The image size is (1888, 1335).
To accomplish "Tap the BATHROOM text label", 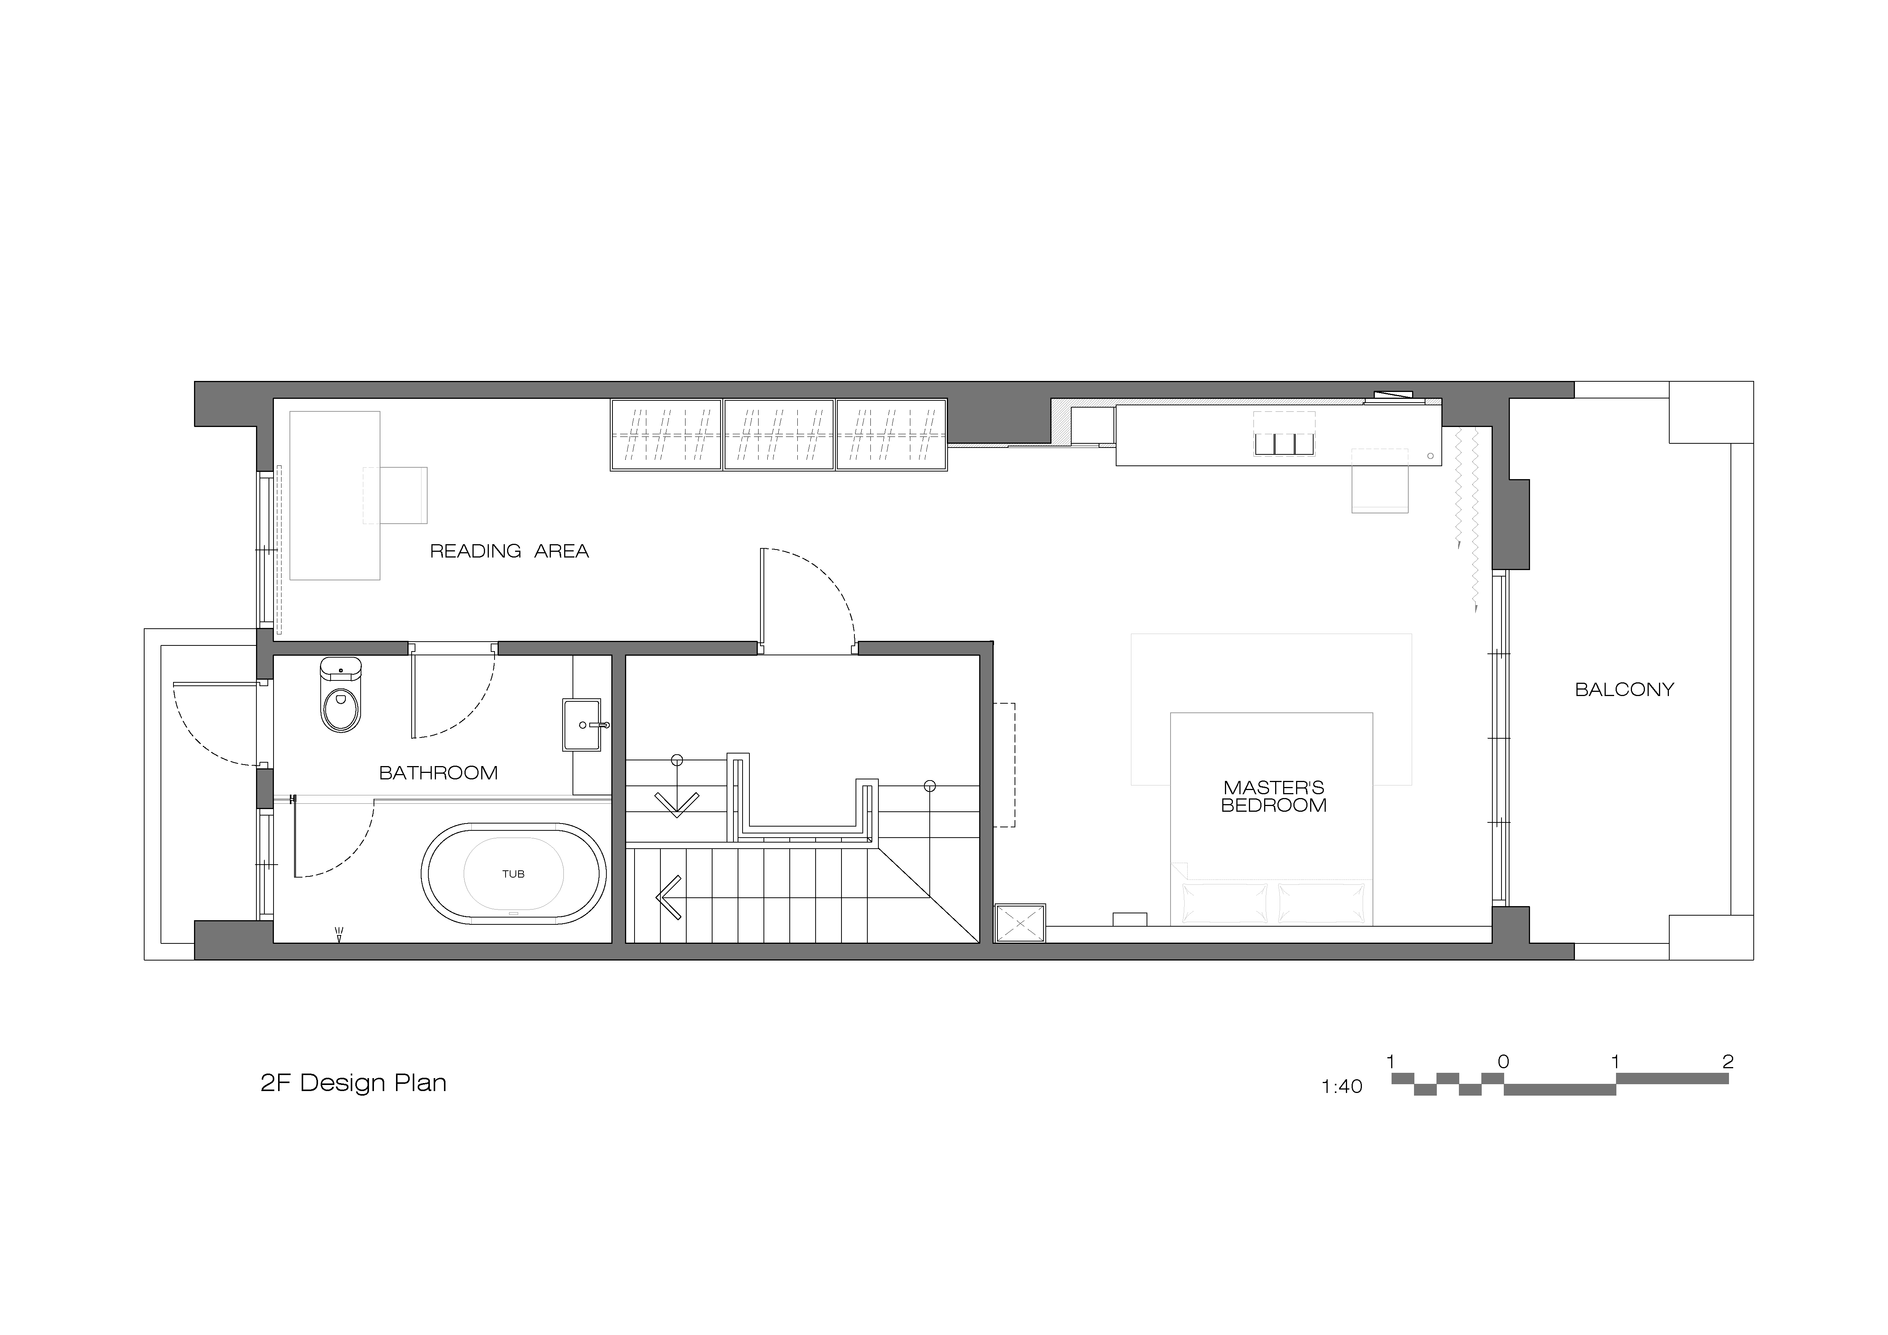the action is [438, 773].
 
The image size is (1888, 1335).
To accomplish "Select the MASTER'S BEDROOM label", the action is [1274, 796].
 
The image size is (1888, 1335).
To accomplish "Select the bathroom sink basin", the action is [582, 725].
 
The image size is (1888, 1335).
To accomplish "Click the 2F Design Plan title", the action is [353, 1082].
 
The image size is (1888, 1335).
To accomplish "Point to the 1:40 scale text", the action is [1342, 1086].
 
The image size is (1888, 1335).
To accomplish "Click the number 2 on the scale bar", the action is [1727, 1062].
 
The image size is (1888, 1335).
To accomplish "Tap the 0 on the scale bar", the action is [1503, 1062].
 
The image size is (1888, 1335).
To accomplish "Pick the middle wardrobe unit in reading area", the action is [779, 435].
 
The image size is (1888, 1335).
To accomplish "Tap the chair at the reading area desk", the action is [395, 495].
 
